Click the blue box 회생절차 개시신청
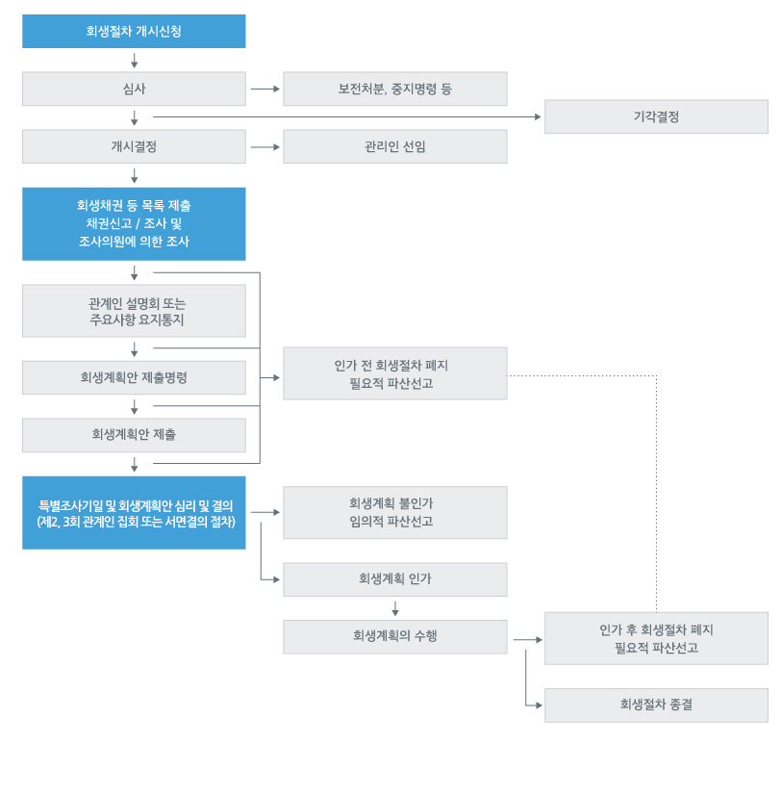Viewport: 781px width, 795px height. tap(134, 31)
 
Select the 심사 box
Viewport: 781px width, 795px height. tap(134, 89)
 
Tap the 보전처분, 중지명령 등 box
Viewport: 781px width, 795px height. tap(394, 89)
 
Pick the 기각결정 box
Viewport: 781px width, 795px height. tap(656, 116)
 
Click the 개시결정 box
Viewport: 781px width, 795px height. tap(134, 146)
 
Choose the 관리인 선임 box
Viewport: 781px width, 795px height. tap(394, 146)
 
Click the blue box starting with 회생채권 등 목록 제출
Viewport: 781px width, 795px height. tap(134, 223)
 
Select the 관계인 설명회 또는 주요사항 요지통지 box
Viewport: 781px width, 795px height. tap(134, 311)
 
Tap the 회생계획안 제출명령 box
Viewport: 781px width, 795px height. tap(134, 377)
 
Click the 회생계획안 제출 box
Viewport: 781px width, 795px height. tap(134, 435)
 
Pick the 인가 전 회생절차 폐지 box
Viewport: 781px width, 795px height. tap(394, 373)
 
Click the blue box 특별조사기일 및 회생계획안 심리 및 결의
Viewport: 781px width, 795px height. tap(134, 513)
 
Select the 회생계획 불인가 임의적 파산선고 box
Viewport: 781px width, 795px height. tap(394, 512)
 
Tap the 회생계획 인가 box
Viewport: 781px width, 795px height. tap(394, 579)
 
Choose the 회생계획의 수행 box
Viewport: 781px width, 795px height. tap(394, 636)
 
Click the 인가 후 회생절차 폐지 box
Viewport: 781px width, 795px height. tap(656, 638)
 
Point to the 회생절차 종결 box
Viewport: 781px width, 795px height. tap(656, 705)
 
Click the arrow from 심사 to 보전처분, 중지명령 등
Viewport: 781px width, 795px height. tap(265, 89)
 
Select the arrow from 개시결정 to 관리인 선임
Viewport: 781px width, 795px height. tap(265, 146)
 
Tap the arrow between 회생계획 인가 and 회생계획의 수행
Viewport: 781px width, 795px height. tap(395, 608)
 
